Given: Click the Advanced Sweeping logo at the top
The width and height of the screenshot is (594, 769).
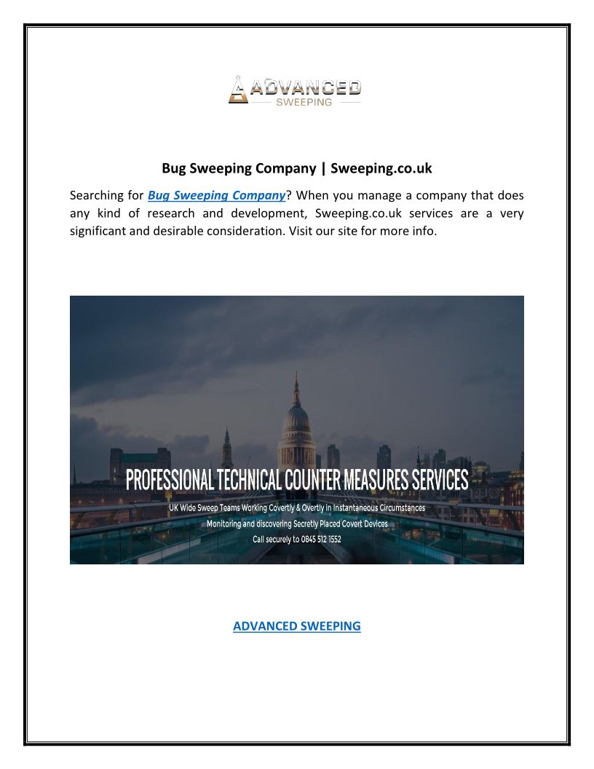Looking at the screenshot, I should tap(295, 90).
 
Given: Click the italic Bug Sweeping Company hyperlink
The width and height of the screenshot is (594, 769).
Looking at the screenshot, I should tap(215, 195).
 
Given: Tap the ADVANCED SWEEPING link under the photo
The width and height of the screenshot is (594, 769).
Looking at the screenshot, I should tap(296, 626).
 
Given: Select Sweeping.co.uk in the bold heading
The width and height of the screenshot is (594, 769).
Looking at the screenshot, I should tap(381, 168).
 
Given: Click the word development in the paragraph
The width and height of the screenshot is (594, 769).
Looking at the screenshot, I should tap(261, 214).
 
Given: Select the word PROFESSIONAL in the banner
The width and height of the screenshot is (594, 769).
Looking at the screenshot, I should tap(170, 481).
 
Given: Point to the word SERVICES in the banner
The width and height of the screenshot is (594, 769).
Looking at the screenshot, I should tap(432, 481).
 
